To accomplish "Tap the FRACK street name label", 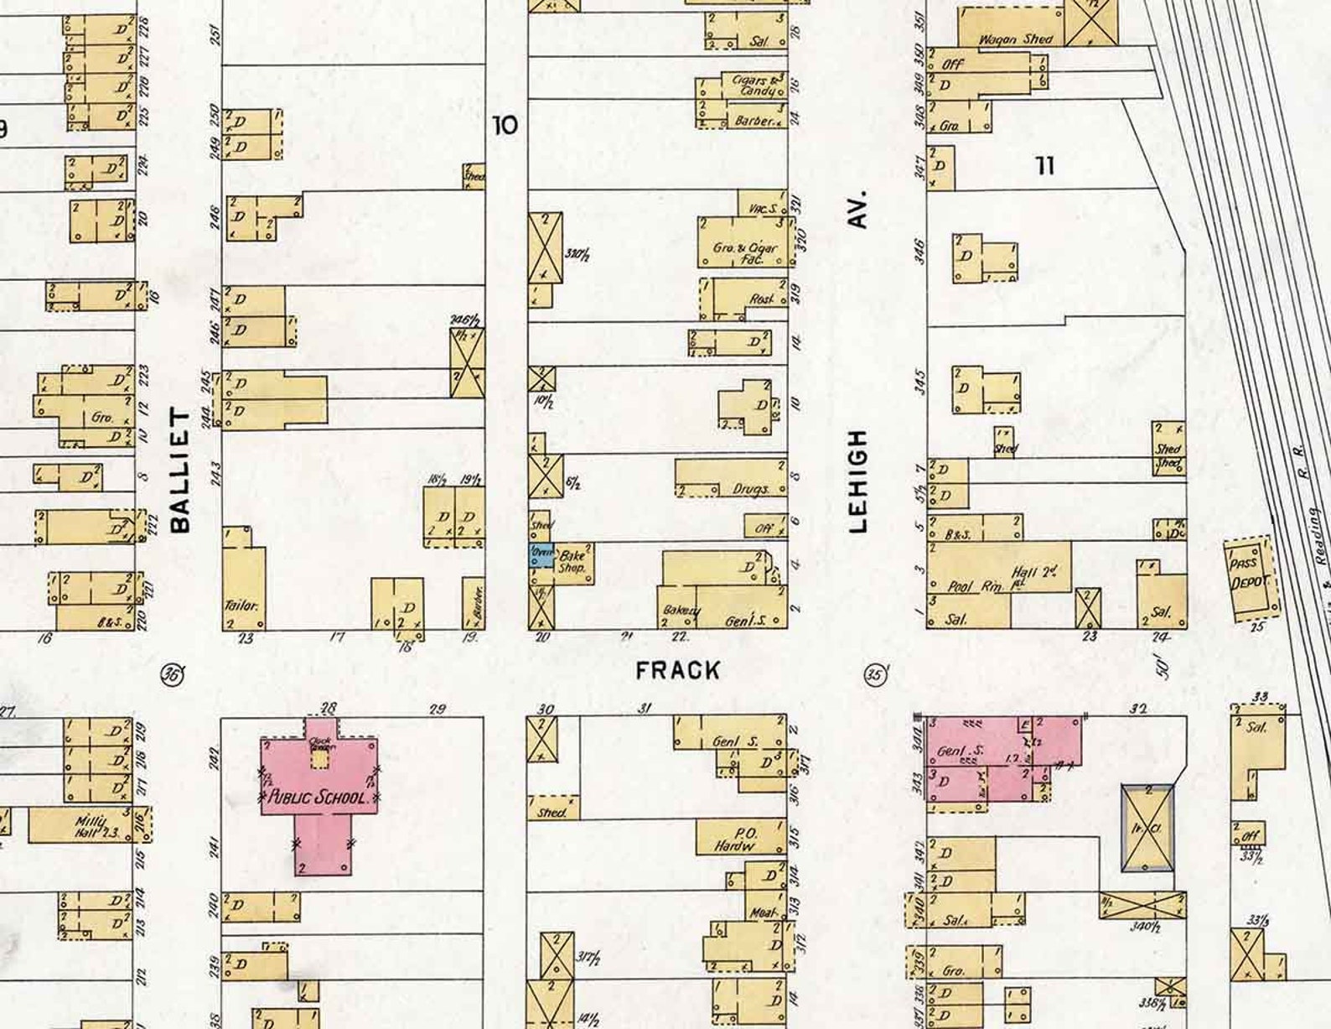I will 677,670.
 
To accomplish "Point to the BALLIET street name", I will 180,470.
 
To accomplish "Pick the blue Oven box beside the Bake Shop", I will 541,554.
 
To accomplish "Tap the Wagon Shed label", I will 1015,39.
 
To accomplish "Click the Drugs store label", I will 750,488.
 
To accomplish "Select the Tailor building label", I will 241,605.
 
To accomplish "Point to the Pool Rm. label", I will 975,587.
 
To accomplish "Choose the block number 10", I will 505,126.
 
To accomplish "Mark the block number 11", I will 1044,166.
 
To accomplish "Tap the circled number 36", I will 173,673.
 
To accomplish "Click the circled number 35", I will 876,674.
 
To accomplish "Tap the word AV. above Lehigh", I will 857,210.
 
